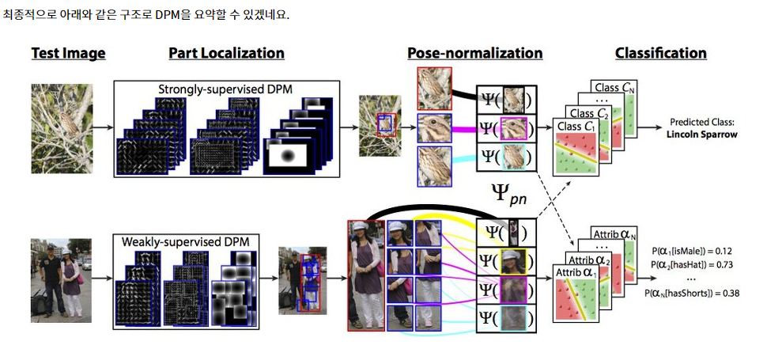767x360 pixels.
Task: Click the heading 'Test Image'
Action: coord(68,54)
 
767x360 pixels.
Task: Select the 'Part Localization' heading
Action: coord(226,54)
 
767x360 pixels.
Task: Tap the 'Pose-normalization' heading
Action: coord(474,54)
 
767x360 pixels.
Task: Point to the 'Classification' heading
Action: coord(660,54)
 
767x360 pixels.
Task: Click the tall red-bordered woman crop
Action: coord(365,275)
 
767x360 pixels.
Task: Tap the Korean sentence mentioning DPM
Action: coord(147,15)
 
